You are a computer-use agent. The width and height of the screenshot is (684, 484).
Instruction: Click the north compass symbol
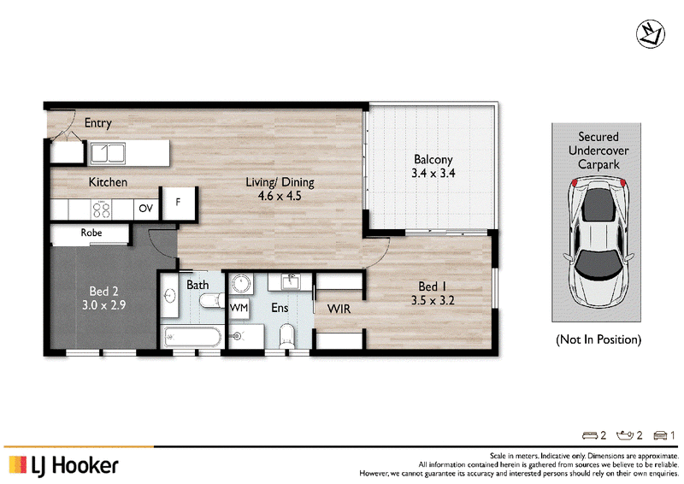[x=650, y=34]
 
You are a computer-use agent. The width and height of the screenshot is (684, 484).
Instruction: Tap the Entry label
[x=98, y=123]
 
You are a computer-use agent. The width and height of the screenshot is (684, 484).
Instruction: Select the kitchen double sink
[x=108, y=153]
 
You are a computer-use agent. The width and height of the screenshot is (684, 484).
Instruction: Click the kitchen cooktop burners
[x=101, y=210]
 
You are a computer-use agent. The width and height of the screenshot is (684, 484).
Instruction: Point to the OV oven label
[x=146, y=209]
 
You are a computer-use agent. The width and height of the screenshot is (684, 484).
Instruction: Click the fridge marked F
[x=178, y=203]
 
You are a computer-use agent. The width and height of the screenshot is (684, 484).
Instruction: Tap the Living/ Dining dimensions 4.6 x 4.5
[x=280, y=196]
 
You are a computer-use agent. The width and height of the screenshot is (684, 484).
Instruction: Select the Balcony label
[x=433, y=159]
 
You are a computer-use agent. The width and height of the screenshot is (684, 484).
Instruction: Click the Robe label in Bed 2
[x=91, y=233]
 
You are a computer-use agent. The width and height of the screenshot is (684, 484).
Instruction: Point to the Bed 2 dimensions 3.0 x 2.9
[x=103, y=304]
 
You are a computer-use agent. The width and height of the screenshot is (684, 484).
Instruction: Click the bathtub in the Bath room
[x=192, y=338]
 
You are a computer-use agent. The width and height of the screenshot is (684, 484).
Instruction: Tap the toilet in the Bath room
[x=212, y=301]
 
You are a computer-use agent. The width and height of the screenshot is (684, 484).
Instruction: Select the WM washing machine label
[x=239, y=308]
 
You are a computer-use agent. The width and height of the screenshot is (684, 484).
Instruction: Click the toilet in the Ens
[x=287, y=334]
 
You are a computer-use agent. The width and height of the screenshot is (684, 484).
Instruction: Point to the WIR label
[x=339, y=309]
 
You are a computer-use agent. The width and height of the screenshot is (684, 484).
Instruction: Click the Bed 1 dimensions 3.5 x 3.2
[x=433, y=300]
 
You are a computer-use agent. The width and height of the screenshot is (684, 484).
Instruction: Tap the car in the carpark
[x=598, y=242]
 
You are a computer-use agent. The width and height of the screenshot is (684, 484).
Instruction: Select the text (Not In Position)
[x=598, y=339]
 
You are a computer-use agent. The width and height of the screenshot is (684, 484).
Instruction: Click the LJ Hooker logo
[x=63, y=465]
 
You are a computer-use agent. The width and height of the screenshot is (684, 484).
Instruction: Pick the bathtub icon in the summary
[x=625, y=435]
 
